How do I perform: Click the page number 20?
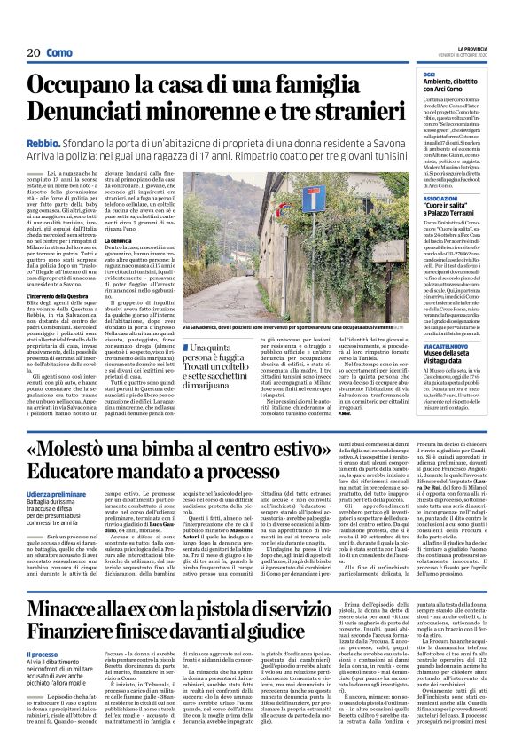point(34,52)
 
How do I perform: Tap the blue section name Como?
point(58,52)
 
